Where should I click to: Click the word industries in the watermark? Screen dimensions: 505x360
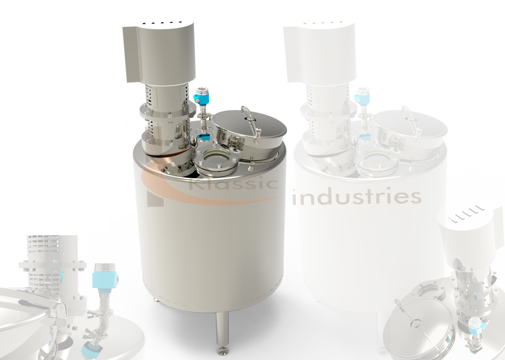pyautogui.click(x=357, y=197)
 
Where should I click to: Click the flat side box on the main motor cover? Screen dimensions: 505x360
pyautogui.click(x=132, y=54)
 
